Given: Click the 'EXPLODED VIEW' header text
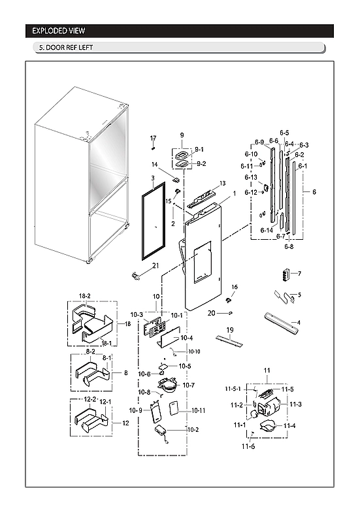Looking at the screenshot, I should coord(59,31).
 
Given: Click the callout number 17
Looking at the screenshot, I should coord(154,138).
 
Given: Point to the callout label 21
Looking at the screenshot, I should coord(155,265).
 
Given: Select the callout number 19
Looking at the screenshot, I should coord(230,329).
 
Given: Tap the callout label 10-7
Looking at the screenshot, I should coord(189,386).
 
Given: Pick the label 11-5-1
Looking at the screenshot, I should coord(233,389).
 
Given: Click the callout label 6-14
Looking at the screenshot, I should coord(267,230).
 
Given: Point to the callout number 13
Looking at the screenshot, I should coord(222,184).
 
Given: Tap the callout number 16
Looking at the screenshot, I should coord(234,287).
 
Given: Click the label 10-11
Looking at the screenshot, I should coord(197,411).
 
